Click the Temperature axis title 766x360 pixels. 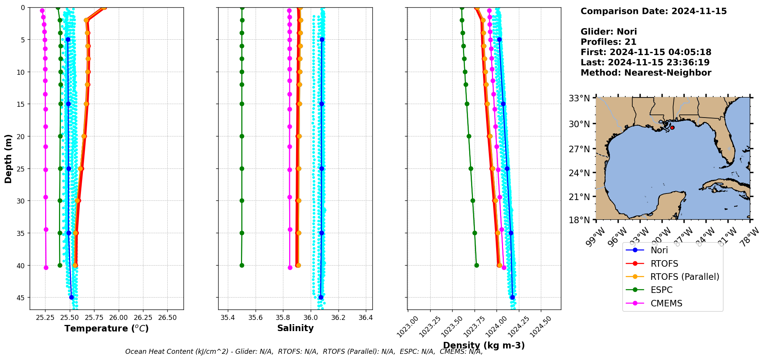click(106, 328)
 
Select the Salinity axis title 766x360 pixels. click(295, 328)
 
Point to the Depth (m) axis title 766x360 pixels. click(8, 158)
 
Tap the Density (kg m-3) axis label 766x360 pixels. click(484, 345)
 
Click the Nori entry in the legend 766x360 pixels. click(659, 250)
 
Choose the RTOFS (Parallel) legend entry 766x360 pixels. click(685, 277)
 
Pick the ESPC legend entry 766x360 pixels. click(662, 290)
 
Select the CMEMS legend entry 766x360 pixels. click(666, 303)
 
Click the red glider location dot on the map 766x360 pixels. click(672, 128)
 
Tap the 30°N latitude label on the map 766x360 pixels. click(579, 124)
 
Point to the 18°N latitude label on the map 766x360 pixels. click(579, 220)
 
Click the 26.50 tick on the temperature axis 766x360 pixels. click(167, 318)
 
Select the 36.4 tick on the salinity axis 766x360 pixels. click(365, 318)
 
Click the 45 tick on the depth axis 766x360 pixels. click(21, 298)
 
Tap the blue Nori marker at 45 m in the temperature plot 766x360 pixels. click(71, 297)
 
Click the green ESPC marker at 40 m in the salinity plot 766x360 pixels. click(242, 265)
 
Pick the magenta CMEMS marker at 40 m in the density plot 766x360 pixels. click(504, 267)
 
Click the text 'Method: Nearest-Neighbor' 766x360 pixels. click(646, 73)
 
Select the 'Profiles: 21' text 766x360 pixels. click(608, 42)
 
